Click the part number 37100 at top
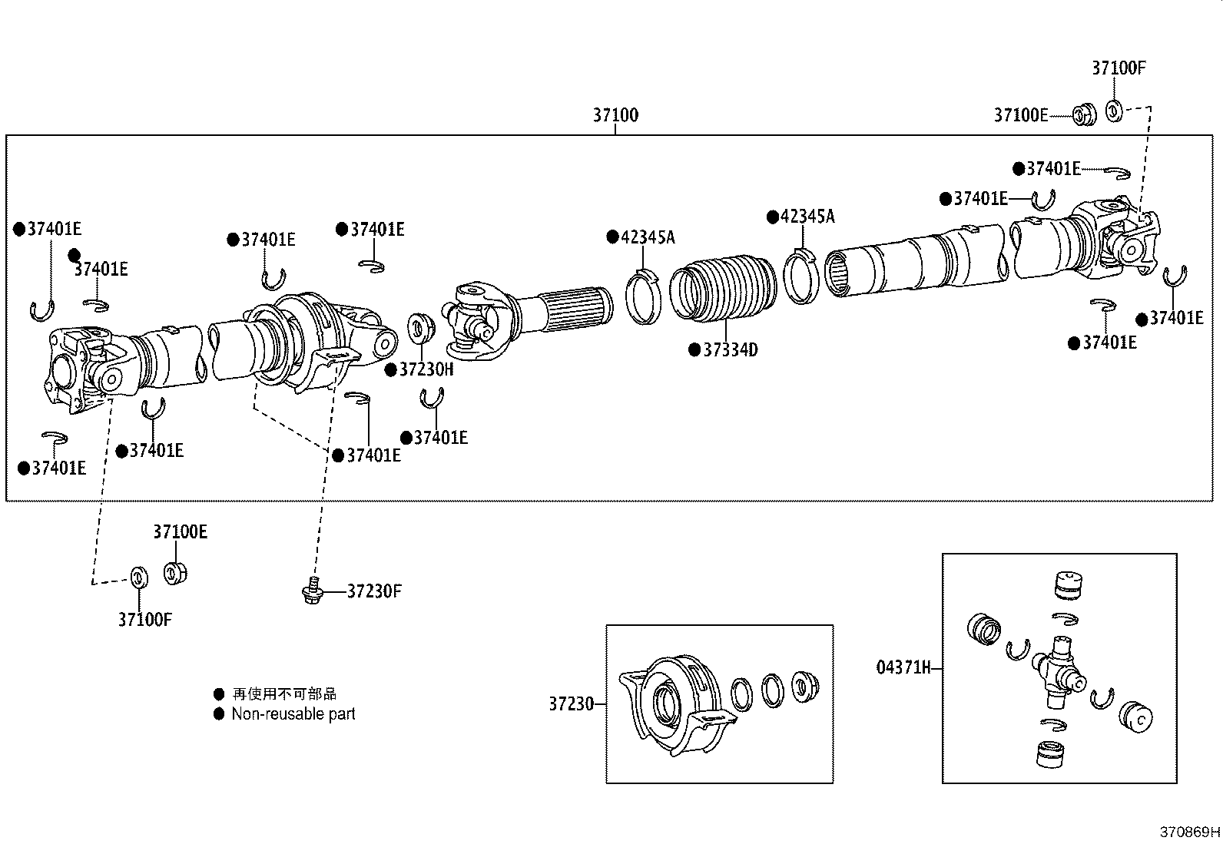[615, 115]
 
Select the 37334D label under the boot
[731, 350]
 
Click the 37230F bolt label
[374, 591]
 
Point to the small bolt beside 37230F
[311, 591]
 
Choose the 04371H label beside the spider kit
[903, 667]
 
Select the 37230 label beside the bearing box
[571, 703]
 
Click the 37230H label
[426, 369]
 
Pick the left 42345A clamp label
[647, 237]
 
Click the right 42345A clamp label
[807, 217]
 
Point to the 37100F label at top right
[1119, 68]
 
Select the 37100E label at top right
[1020, 115]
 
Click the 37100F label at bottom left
[144, 619]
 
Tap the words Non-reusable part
[293, 713]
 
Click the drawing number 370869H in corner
[1189, 832]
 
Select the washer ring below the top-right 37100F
[1113, 111]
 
